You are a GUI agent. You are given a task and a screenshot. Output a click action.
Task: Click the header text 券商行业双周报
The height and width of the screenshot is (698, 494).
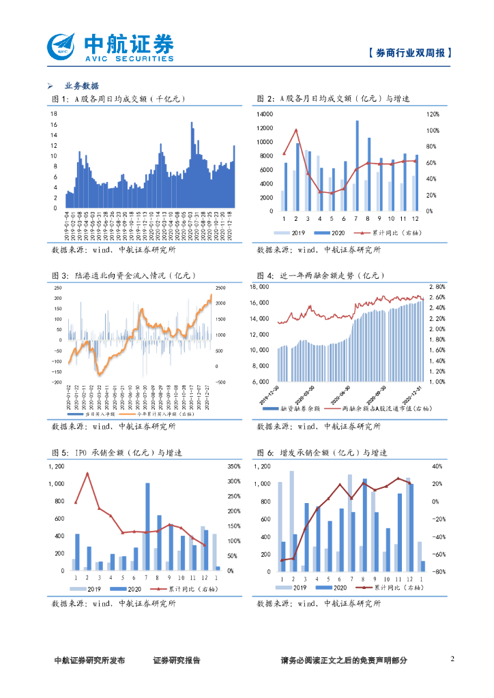pos(409,53)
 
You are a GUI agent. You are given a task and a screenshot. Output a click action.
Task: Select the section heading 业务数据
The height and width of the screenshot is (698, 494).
pos(81,86)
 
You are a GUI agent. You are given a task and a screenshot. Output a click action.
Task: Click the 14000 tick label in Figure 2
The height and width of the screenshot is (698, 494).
pos(266,114)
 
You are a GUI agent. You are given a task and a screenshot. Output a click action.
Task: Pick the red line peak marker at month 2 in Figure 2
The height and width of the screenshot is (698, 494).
pos(296,130)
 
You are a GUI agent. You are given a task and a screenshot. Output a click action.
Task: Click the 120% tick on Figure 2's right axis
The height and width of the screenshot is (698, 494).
pos(432,114)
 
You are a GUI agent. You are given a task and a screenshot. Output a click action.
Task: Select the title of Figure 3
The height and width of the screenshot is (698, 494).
pos(123,275)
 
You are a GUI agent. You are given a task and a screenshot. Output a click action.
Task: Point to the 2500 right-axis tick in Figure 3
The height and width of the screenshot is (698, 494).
pos(220,287)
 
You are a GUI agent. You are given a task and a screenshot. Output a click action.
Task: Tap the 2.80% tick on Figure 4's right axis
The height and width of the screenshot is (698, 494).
pos(437,287)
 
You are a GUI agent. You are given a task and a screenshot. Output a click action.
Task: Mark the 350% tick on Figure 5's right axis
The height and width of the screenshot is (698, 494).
pos(233,467)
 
